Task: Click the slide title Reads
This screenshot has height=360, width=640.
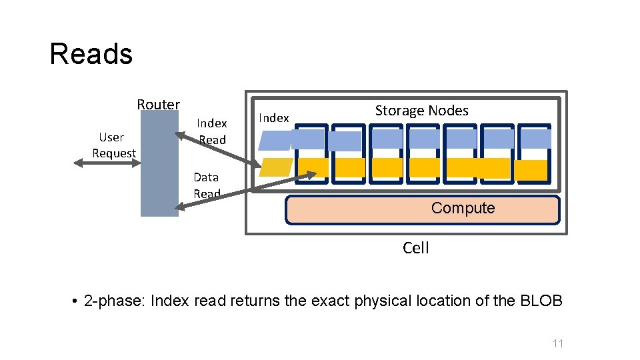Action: [91, 54]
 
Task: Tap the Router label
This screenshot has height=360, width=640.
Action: [158, 104]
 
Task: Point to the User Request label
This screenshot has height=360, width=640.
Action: [113, 145]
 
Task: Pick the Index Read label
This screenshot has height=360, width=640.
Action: [212, 131]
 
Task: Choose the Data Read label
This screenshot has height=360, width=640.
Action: [207, 185]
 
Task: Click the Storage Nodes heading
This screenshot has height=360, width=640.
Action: [421, 111]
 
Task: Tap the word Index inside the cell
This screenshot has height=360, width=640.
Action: [274, 118]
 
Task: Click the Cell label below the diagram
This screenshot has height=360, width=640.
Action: [416, 248]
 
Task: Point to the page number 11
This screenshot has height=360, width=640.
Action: [558, 343]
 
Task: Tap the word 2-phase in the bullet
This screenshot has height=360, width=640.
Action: [115, 301]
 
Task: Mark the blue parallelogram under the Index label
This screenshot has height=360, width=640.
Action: [275, 139]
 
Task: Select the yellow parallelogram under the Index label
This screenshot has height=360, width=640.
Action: [276, 167]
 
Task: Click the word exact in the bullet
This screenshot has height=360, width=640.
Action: [329, 301]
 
